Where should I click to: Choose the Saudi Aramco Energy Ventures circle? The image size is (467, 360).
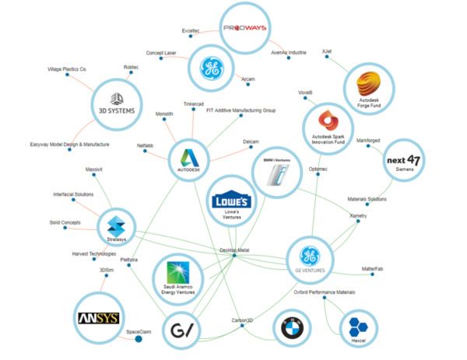(177, 276)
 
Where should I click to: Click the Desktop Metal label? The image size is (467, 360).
(234, 250)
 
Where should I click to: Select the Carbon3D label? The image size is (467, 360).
(242, 318)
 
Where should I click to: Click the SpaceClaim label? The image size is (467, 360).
(139, 332)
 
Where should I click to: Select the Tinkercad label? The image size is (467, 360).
(195, 103)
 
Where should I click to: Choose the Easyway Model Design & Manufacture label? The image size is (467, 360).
(69, 145)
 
